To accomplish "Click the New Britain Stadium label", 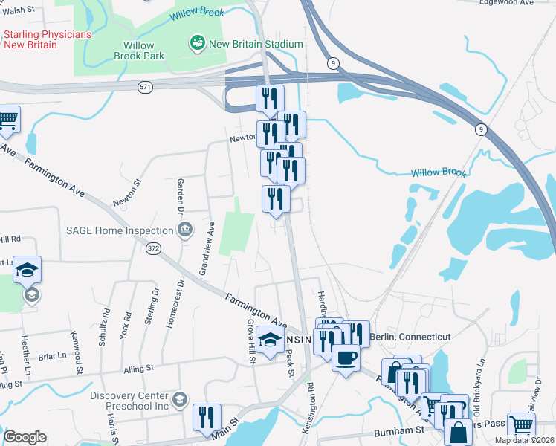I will pyautogui.click(x=256, y=44).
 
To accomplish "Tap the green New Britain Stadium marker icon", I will pyautogui.click(x=198, y=44).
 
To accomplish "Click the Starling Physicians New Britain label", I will pyautogui.click(x=48, y=39).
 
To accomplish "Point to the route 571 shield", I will pyautogui.click(x=145, y=87).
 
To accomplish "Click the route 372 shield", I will pyautogui.click(x=154, y=248).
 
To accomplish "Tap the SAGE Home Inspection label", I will pyautogui.click(x=120, y=230).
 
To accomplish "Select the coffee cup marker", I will pyautogui.click(x=346, y=358).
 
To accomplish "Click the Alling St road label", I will pyautogui.click(x=139, y=368).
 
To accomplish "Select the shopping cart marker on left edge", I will pyautogui.click(x=8, y=120).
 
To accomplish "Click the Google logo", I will pyautogui.click(x=25, y=437).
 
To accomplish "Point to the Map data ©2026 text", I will pyautogui.click(x=524, y=440).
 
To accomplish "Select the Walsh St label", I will pyautogui.click(x=21, y=10).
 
